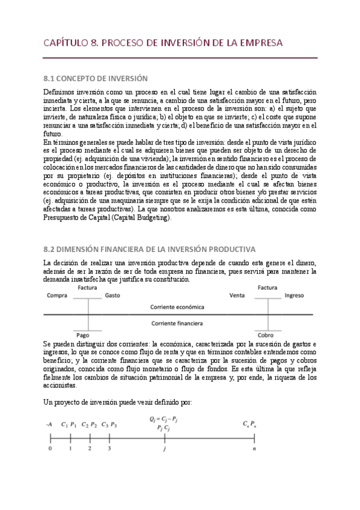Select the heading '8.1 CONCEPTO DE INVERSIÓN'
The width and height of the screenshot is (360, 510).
pos(96,78)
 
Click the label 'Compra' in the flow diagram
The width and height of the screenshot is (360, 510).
pos(56,296)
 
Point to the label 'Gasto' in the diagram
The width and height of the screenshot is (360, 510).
pos(112,296)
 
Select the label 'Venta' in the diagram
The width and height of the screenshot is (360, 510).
pos(238,296)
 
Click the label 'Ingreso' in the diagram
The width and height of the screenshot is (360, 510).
pos(294,296)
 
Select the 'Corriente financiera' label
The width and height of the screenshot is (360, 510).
pos(177,323)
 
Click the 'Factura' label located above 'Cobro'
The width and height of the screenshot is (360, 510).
pos(267,287)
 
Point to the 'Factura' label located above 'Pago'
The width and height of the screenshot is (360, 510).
pos(88,287)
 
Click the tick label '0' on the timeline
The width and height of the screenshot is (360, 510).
pos(50,448)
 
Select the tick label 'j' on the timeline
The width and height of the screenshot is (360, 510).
pos(164,448)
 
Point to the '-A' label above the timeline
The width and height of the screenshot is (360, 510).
pos(48,425)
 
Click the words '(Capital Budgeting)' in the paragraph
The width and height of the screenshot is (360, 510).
pos(142,218)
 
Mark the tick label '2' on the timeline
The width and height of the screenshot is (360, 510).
pos(90,448)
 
